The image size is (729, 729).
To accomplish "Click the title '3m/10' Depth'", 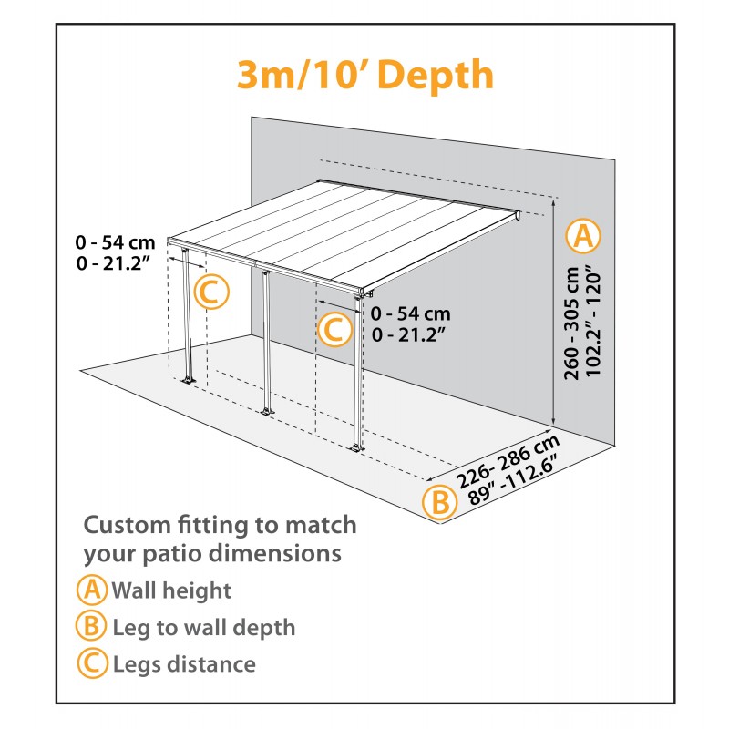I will [x=364, y=76].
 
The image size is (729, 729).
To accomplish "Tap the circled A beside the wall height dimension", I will [x=582, y=236].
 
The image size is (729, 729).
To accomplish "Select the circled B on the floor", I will [x=439, y=502].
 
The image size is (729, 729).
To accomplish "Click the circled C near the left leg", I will [x=209, y=293].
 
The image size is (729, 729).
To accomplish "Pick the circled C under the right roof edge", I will [x=334, y=329].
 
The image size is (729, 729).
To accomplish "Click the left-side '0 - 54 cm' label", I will [x=116, y=242].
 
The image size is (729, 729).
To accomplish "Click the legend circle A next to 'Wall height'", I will [x=92, y=590].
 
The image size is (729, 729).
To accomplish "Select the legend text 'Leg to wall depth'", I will [x=203, y=627].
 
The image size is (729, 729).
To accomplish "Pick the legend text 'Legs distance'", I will [x=183, y=664].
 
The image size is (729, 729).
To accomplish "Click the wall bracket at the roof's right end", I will [x=519, y=218].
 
